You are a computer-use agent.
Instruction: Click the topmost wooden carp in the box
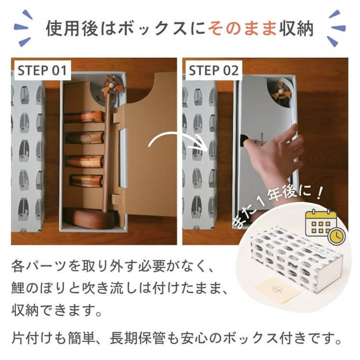pos(85,117)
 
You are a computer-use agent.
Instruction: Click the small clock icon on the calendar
pos(337,236)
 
